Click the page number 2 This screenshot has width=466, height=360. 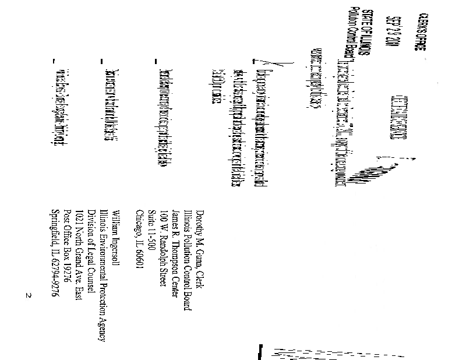click(27, 296)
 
